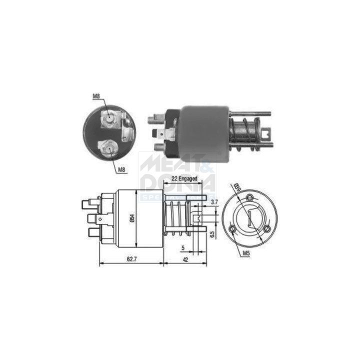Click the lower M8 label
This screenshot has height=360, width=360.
tap(121, 170)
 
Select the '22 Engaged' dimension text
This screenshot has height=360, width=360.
tap(182, 177)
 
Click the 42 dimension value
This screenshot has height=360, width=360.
tap(185, 260)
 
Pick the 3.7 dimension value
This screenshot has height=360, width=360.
tap(214, 202)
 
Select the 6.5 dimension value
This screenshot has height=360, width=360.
tap(212, 233)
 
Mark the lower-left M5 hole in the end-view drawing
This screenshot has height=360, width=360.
tap(232, 229)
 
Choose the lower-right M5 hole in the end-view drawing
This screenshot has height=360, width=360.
tap(267, 229)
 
